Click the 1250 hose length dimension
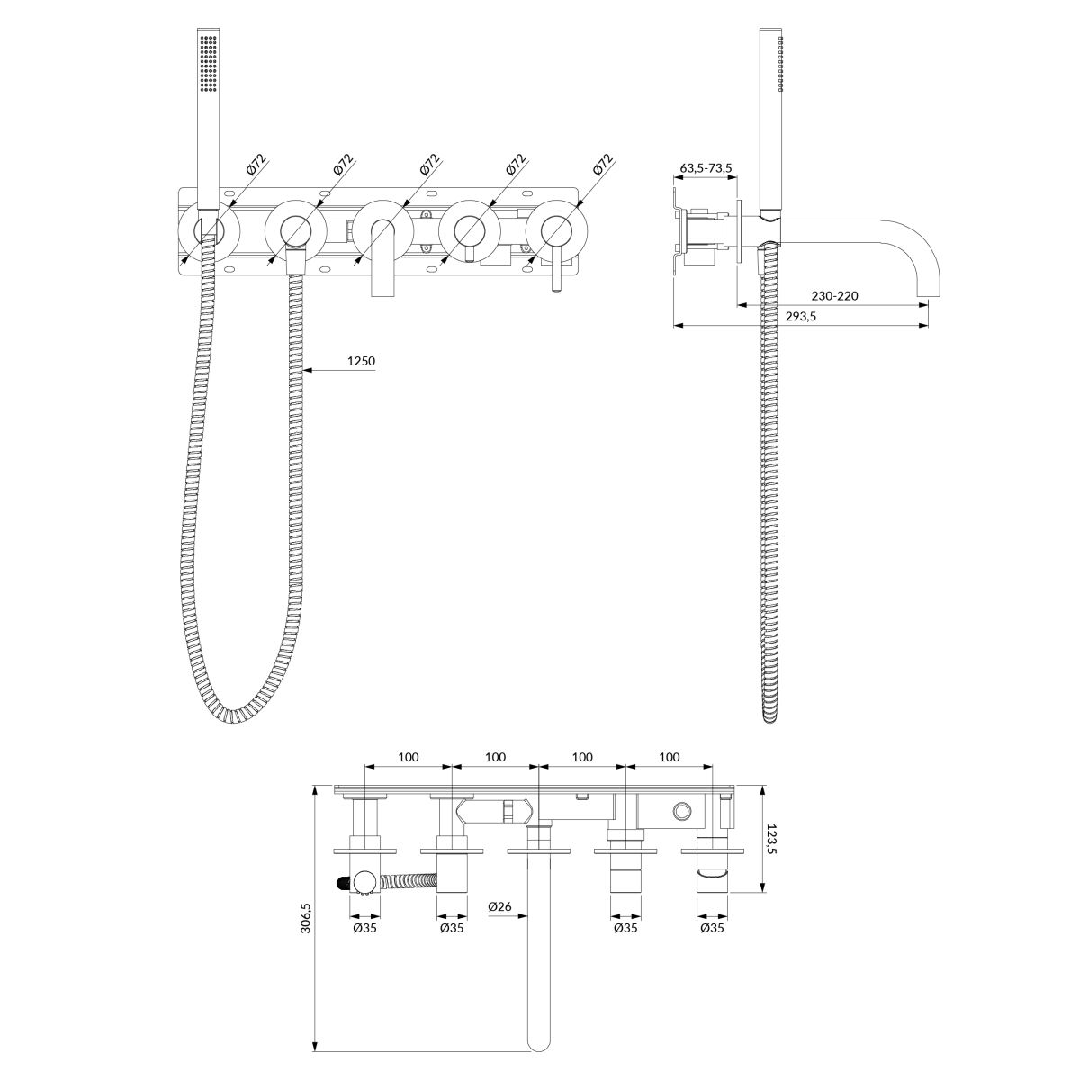pyautogui.click(x=361, y=361)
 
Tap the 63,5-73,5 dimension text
pyautogui.click(x=706, y=168)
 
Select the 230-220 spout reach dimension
pyautogui.click(x=834, y=296)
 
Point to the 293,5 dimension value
pyautogui.click(x=801, y=316)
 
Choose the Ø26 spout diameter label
pyautogui.click(x=499, y=906)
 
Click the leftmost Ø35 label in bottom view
pyautogui.click(x=364, y=928)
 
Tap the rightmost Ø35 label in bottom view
pyautogui.click(x=712, y=928)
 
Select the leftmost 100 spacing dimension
pyautogui.click(x=409, y=757)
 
